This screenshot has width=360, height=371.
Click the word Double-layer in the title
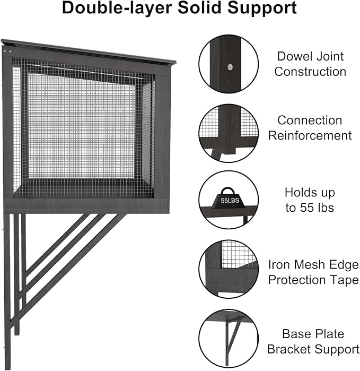[x=117, y=8]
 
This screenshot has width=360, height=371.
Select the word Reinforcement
[x=310, y=135]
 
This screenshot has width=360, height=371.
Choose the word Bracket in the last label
[x=289, y=349]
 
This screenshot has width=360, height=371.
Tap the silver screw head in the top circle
[x=230, y=67]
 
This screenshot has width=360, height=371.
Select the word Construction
[x=310, y=72]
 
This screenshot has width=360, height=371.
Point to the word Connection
[x=310, y=120]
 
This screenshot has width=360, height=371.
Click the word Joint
[x=330, y=56]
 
